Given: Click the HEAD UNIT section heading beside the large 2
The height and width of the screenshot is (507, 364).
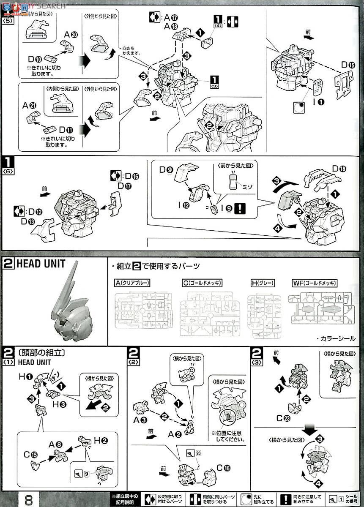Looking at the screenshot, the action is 41,264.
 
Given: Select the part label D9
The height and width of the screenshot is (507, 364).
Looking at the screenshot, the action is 167,170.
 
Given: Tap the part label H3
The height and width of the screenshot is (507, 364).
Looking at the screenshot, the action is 59,404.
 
